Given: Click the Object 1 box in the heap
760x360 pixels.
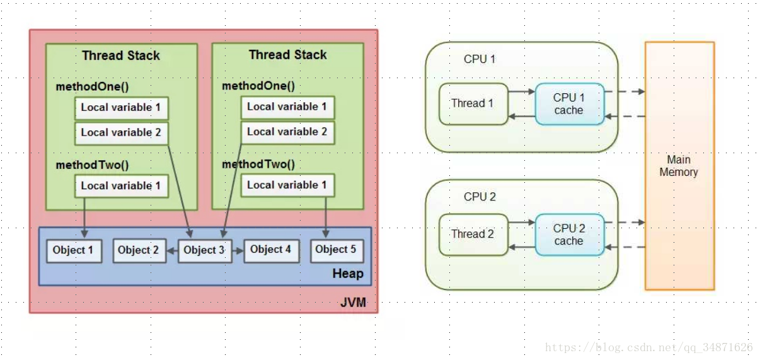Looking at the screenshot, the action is click(74, 251).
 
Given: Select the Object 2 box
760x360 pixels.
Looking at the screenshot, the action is click(139, 251).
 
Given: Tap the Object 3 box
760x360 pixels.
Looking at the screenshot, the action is click(205, 251).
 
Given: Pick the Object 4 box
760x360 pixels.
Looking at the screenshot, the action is click(272, 251).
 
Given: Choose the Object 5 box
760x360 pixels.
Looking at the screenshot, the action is click(337, 251).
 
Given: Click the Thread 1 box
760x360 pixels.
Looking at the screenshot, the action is click(473, 104).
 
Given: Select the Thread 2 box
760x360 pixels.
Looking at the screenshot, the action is click(473, 235).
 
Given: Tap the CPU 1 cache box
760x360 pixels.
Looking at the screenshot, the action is click(570, 104).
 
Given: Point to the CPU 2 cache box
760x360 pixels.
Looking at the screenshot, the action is click(570, 235).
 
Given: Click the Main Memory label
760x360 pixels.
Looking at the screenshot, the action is click(679, 166).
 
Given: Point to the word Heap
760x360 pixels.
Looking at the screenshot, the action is click(348, 274).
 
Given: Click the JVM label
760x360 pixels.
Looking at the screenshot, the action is click(353, 303).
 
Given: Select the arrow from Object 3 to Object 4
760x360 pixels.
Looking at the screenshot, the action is click(238, 251).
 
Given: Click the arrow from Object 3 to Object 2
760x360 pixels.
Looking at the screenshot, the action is click(173, 251).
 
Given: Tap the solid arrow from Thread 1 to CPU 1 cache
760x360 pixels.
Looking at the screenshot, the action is click(522, 91).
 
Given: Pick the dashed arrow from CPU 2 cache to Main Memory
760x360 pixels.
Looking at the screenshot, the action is click(625, 223).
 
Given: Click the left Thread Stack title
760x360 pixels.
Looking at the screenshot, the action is click(121, 55).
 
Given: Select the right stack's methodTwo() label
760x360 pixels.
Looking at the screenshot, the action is click(258, 164).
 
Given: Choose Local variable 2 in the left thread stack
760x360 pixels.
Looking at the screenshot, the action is click(122, 132).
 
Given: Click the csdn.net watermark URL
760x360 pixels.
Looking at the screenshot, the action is click(648, 347).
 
